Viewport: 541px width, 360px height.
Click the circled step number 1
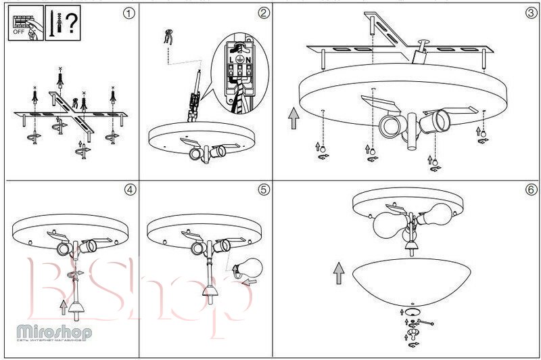130,12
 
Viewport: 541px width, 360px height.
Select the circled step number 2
264,12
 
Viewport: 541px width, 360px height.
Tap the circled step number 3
531,12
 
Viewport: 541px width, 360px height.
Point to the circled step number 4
130,189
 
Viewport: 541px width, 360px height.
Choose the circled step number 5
264,189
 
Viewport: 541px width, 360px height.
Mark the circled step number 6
531,189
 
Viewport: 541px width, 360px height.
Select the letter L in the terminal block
231,60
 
